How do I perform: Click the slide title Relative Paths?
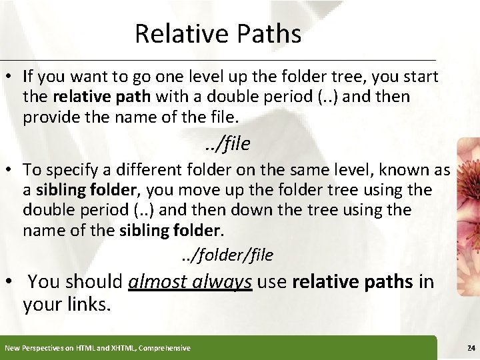pos(217,34)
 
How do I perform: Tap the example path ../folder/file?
pos(227,255)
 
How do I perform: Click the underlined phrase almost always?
pos(190,283)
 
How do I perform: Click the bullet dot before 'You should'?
pos(11,283)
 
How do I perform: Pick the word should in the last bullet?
pos(95,283)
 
